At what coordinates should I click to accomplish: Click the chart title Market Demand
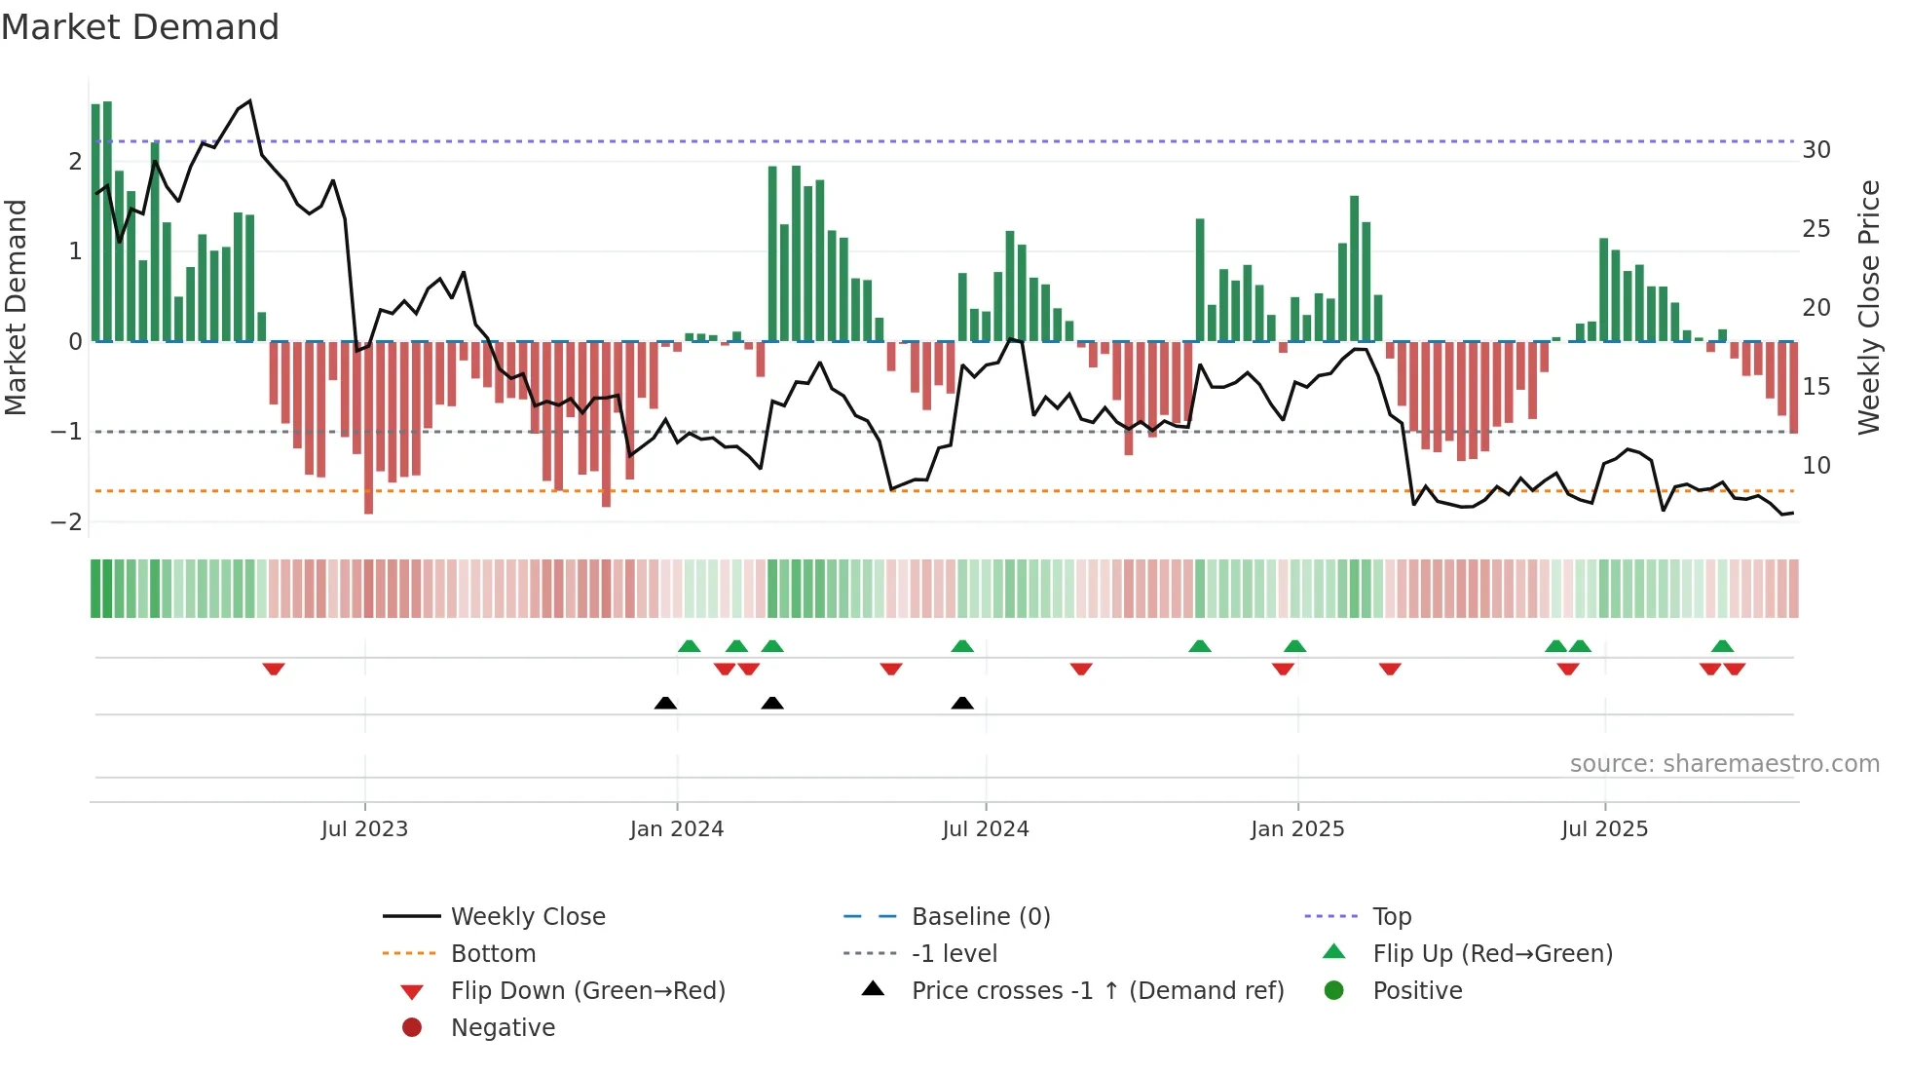pos(140,27)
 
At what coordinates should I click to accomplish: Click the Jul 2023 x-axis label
pos(364,829)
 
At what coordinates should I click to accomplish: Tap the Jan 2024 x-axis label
pos(677,829)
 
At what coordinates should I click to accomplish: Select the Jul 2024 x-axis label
pos(986,829)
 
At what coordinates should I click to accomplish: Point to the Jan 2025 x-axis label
pos(1297,829)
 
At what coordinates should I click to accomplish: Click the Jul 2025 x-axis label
pos(1604,829)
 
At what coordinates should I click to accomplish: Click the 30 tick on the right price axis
pos(1816,150)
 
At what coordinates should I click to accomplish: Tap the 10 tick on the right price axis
pos(1816,466)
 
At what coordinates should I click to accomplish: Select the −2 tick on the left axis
pos(66,522)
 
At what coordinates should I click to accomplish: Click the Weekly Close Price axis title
pos(1869,307)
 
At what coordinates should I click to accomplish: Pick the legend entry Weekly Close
pos(527,917)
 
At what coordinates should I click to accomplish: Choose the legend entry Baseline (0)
pos(980,917)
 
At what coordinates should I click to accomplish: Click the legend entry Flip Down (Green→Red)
pos(587,991)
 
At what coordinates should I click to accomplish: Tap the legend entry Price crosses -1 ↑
pos(1097,991)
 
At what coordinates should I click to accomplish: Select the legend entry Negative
pos(503,1028)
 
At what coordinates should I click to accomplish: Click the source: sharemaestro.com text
pos(1724,764)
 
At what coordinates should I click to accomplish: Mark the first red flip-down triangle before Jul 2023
pos(274,670)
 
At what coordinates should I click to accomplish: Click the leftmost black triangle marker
pos(665,703)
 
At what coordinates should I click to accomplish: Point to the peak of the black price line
pos(250,100)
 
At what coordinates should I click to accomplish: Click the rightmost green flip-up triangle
pos(1722,646)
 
